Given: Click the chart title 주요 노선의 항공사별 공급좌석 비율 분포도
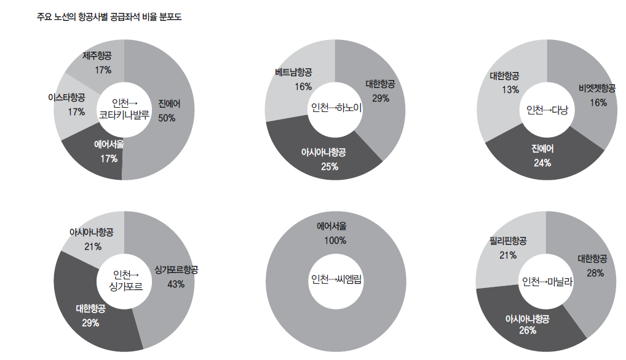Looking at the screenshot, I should pyautogui.click(x=109, y=17).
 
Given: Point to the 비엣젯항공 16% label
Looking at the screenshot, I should pyautogui.click(x=596, y=95).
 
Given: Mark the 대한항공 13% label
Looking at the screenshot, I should pyautogui.click(x=504, y=83).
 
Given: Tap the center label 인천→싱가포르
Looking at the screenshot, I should pyautogui.click(x=125, y=281).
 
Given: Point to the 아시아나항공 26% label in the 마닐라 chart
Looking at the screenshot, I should pyautogui.click(x=527, y=324).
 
